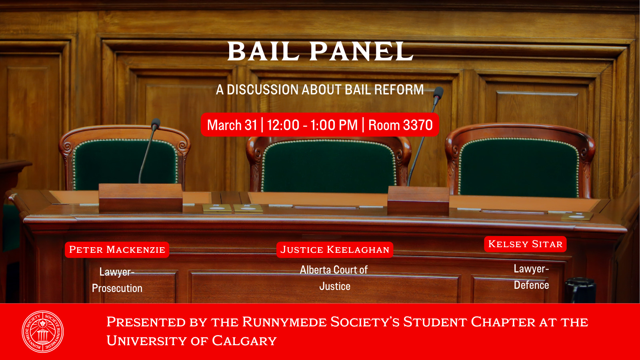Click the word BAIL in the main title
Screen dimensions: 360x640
pyautogui.click(x=263, y=52)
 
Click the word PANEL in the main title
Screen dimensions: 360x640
pyautogui.click(x=361, y=52)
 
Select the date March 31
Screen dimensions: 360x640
pyautogui.click(x=232, y=125)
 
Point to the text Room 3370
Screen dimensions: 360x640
pyautogui.click(x=400, y=125)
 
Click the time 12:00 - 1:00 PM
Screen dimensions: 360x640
pyautogui.click(x=312, y=125)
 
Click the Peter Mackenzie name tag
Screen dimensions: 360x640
pyautogui.click(x=117, y=250)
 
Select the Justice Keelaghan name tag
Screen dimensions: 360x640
pyautogui.click(x=335, y=250)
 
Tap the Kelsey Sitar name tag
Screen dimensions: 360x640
pyautogui.click(x=525, y=244)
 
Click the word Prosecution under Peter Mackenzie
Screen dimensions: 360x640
pyautogui.click(x=117, y=288)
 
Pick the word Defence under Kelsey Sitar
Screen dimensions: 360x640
pyautogui.click(x=531, y=285)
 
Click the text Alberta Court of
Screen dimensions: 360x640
pyautogui.click(x=334, y=270)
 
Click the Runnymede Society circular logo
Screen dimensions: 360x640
pyautogui.click(x=42, y=332)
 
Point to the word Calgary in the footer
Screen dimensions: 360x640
pyautogui.click(x=244, y=341)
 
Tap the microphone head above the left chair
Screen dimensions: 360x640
pyautogui.click(x=156, y=124)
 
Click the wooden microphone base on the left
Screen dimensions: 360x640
pyautogui.click(x=140, y=197)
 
